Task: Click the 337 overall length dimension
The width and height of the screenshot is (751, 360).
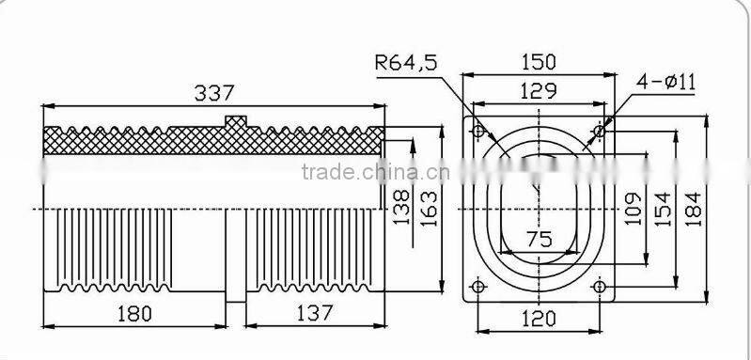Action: tap(213, 93)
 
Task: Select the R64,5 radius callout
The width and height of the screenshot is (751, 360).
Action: tap(405, 64)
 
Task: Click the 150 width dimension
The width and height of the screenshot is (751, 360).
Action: tap(539, 63)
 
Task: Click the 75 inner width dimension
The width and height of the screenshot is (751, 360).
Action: tap(539, 240)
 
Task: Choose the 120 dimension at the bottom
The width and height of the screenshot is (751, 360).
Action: tap(539, 320)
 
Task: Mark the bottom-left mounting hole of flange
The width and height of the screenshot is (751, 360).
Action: tap(477, 286)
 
